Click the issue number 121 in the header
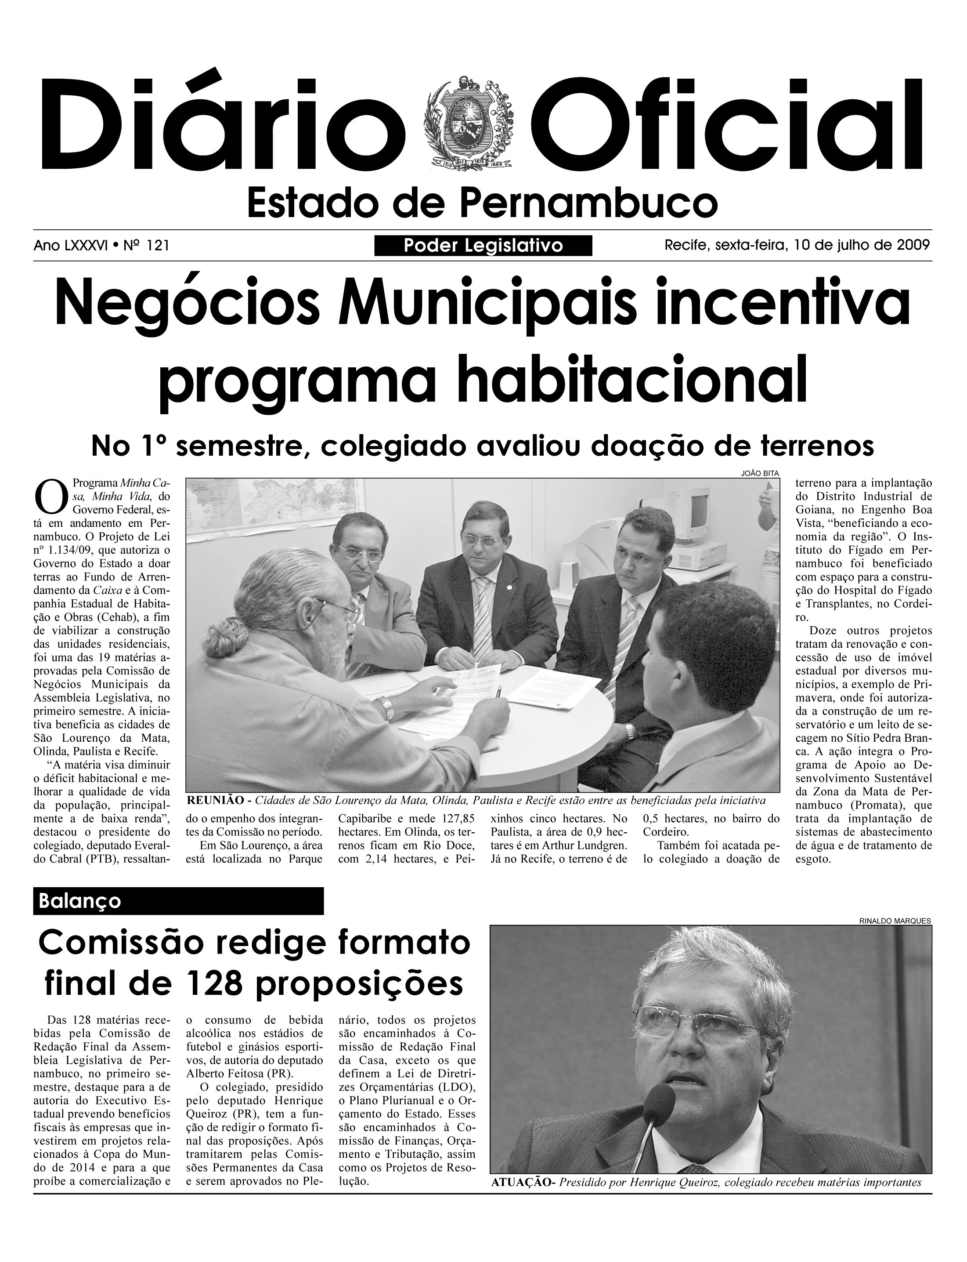[x=158, y=246]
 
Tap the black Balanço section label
[x=178, y=901]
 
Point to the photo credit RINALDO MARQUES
[x=895, y=921]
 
